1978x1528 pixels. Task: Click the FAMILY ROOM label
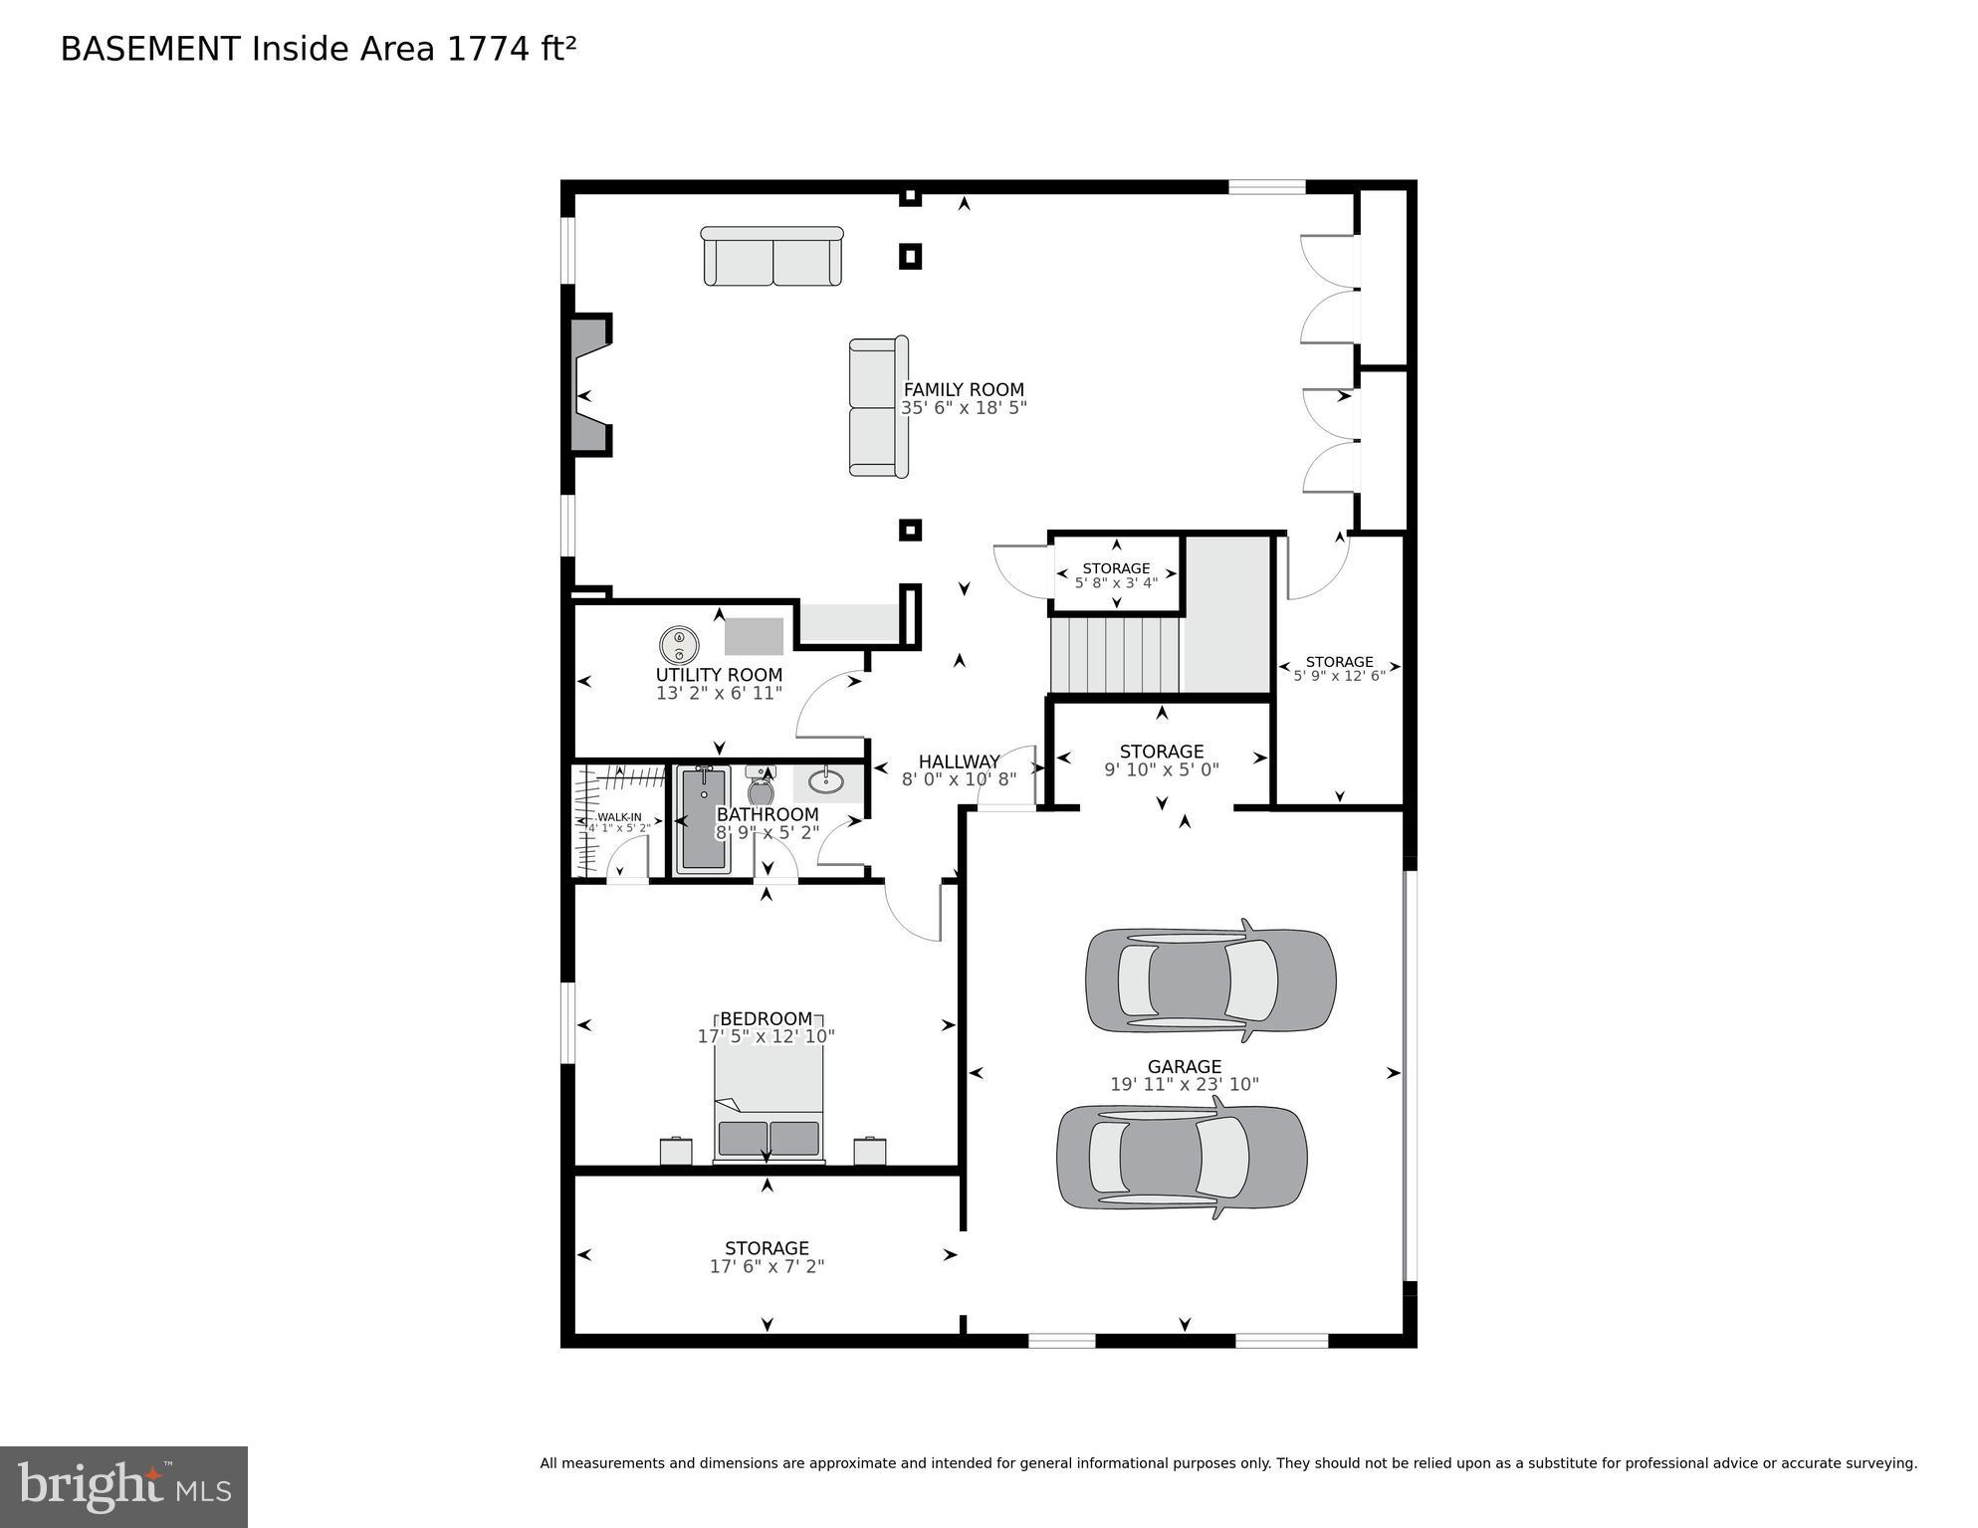963,390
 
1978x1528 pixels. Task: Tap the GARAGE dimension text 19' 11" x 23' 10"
1184,1084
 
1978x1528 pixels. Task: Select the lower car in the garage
1182,1157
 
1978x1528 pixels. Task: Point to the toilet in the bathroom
761,786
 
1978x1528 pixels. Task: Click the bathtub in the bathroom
703,819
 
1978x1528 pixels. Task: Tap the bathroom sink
825,781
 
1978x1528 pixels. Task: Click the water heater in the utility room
679,645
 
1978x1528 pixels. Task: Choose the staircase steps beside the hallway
1115,655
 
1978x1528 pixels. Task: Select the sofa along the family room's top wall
772,256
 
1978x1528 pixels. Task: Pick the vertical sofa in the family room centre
878,406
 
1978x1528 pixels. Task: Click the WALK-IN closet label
619,817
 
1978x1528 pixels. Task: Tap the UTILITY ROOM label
719,675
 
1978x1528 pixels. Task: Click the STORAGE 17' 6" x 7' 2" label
767,1248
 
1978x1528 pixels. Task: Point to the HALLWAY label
959,762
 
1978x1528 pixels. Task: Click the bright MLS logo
123,1486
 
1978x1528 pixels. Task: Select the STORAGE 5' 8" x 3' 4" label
1116,568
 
